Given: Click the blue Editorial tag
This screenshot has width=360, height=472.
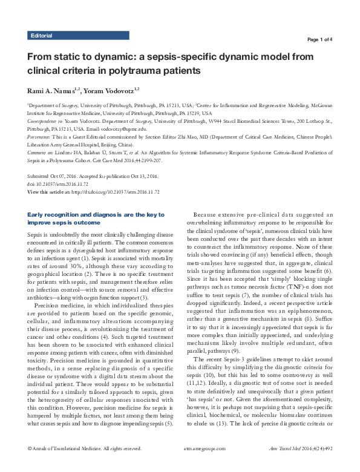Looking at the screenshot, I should [x=41, y=36].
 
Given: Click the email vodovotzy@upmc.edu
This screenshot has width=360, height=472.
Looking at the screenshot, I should [x=124, y=129].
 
